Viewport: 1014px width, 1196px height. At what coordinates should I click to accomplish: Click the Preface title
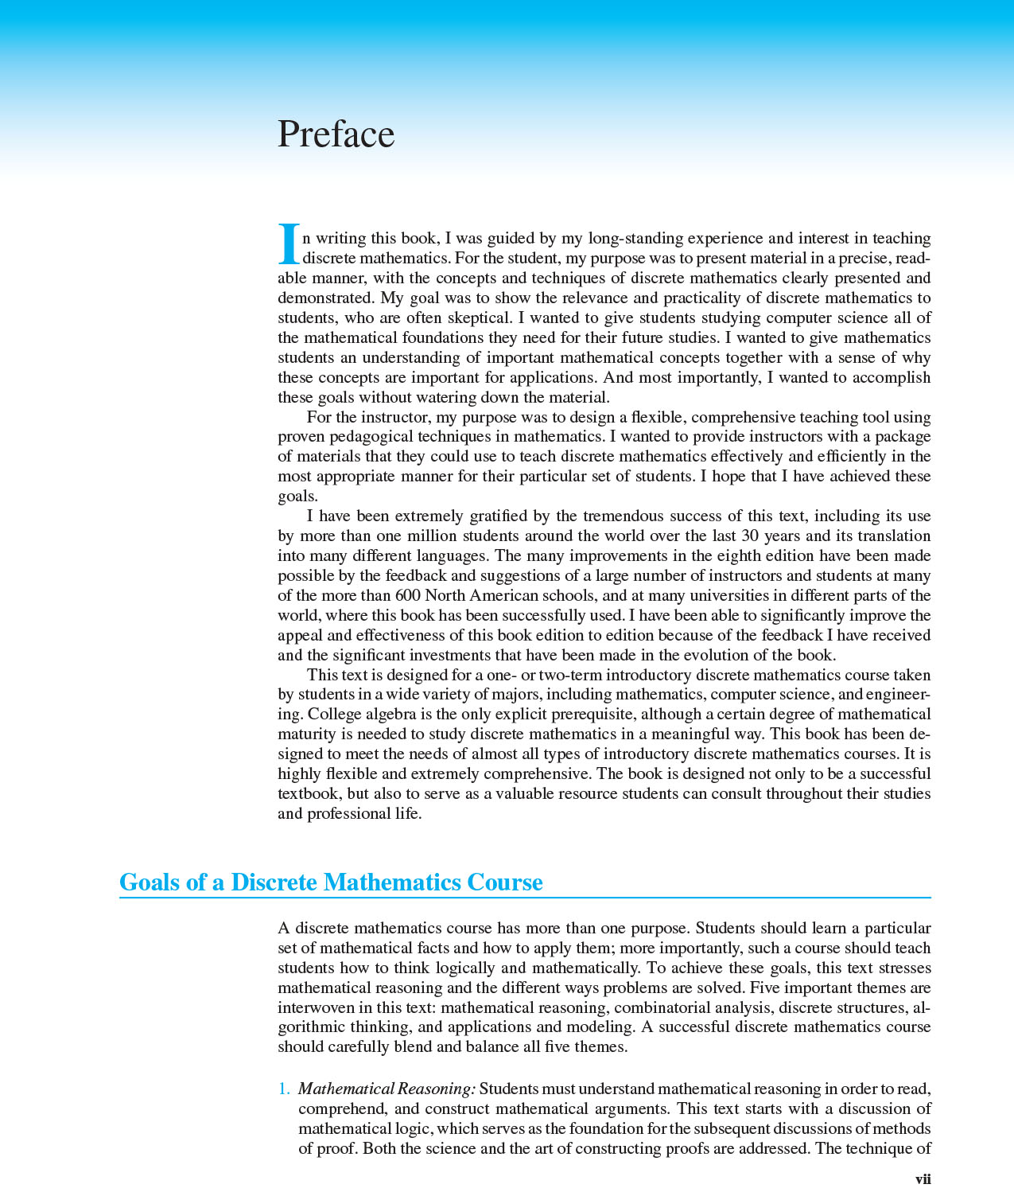click(x=336, y=134)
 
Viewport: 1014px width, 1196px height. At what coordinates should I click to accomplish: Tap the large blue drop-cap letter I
click(x=289, y=243)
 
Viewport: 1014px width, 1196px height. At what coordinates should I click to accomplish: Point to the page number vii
click(x=923, y=1179)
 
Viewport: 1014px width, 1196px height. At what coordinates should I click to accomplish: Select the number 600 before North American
click(x=408, y=595)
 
